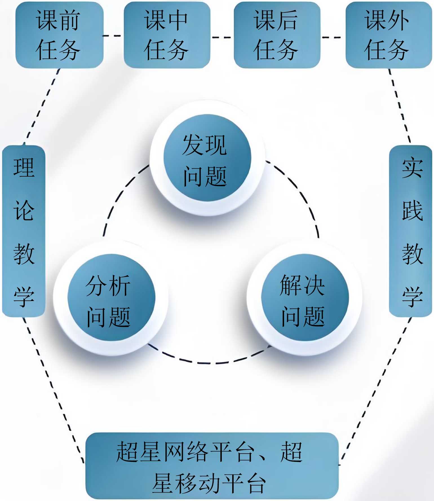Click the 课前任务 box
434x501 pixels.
click(59, 35)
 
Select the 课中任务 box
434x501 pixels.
click(167, 35)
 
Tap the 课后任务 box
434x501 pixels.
click(277, 35)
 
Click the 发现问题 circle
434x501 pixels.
click(207, 158)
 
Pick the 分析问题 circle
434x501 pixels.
click(111, 297)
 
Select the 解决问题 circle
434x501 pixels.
click(305, 297)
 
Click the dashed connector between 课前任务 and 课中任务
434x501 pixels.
click(113, 36)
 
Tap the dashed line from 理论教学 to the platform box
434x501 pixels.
click(54, 389)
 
